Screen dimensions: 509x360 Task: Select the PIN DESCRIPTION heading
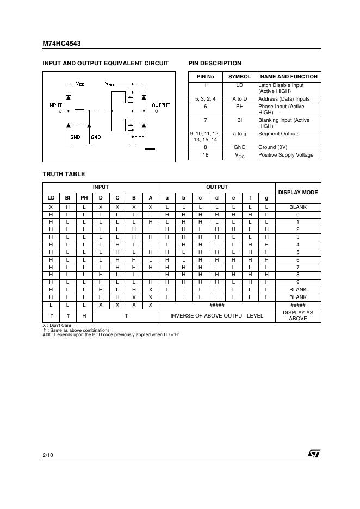coord(215,63)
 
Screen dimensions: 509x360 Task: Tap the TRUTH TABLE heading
coord(64,174)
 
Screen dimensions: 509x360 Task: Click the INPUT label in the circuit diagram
coord(55,105)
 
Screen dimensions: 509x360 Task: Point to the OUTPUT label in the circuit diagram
coord(160,105)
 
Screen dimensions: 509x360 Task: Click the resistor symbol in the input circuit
coord(79,111)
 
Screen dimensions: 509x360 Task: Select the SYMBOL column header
coord(239,77)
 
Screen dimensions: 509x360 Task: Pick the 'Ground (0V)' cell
coord(274,147)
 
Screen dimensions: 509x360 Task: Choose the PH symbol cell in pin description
coord(239,107)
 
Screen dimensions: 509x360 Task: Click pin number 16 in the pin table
coord(205,156)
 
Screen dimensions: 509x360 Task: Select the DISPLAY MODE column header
coord(298,192)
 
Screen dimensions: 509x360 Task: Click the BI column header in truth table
coord(68,197)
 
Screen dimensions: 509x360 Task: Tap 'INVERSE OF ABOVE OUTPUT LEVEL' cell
coord(217,315)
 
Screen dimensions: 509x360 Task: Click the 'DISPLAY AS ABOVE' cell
coord(298,315)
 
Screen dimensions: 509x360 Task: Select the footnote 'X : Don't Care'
coord(57,325)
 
